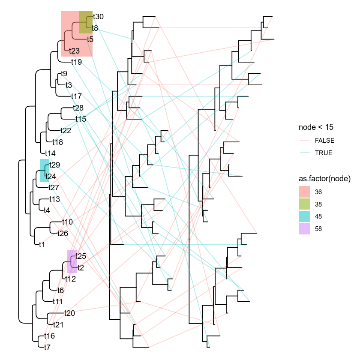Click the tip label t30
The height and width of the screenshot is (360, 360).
[98, 17]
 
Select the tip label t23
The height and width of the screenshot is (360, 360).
[75, 51]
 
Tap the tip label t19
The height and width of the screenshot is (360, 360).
[76, 62]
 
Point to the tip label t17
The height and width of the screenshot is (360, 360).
[76, 96]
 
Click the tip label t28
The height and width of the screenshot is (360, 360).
[78, 108]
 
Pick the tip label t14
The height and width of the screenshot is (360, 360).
[51, 153]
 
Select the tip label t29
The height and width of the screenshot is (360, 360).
[54, 165]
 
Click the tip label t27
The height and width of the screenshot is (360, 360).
[54, 188]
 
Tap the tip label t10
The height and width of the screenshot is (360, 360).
[68, 222]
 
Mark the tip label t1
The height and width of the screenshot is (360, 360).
[42, 245]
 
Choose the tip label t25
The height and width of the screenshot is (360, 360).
[81, 256]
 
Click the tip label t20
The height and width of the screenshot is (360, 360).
[69, 313]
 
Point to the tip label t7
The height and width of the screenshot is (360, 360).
[47, 348]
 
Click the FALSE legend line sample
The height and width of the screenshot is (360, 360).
[305, 140]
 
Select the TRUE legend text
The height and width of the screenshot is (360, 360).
[323, 153]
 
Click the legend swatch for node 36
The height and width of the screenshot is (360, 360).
[305, 192]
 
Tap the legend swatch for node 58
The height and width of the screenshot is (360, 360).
[305, 229]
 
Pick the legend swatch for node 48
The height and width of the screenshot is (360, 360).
[305, 216]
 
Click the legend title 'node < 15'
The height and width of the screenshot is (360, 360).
[316, 127]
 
